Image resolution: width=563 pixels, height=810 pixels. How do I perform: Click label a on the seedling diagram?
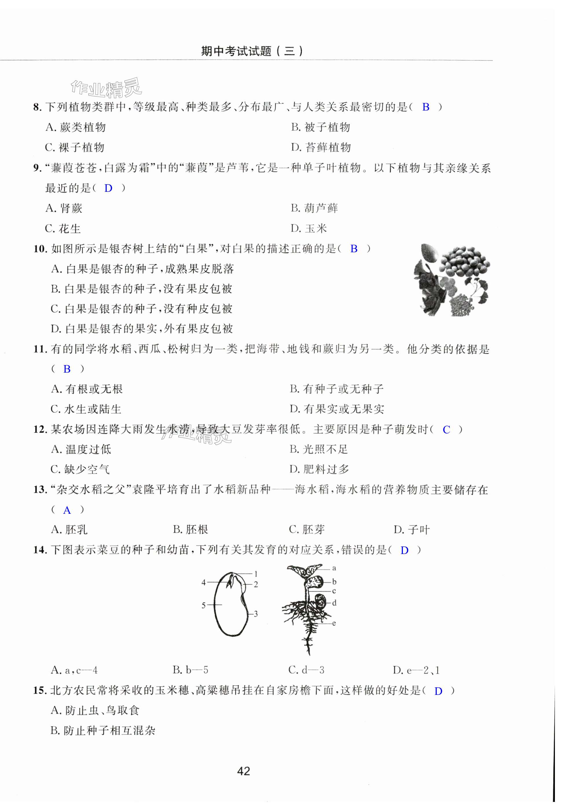point(334,568)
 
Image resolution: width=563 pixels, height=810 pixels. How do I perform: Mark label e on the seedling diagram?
point(334,623)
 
